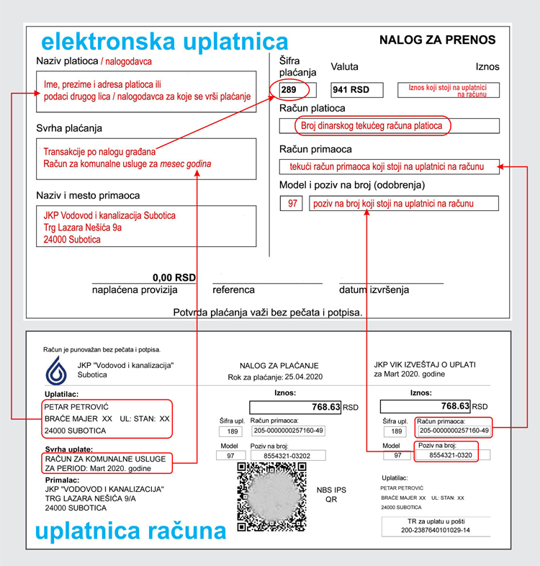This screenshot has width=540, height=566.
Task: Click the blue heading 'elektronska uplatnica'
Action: point(165,40)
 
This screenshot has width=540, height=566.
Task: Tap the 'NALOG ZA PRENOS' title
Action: point(437,40)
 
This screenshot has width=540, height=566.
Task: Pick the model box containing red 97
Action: point(292,204)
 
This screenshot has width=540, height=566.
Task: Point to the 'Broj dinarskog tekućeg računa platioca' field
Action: point(372,126)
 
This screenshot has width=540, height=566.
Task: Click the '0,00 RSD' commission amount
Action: point(174,278)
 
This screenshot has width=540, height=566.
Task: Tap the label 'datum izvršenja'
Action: point(374,290)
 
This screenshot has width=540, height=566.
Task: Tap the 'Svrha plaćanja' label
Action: point(69,128)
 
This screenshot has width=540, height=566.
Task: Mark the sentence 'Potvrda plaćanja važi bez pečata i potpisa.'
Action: point(268,313)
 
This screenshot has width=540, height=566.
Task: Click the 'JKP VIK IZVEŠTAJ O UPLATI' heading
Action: point(425,364)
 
